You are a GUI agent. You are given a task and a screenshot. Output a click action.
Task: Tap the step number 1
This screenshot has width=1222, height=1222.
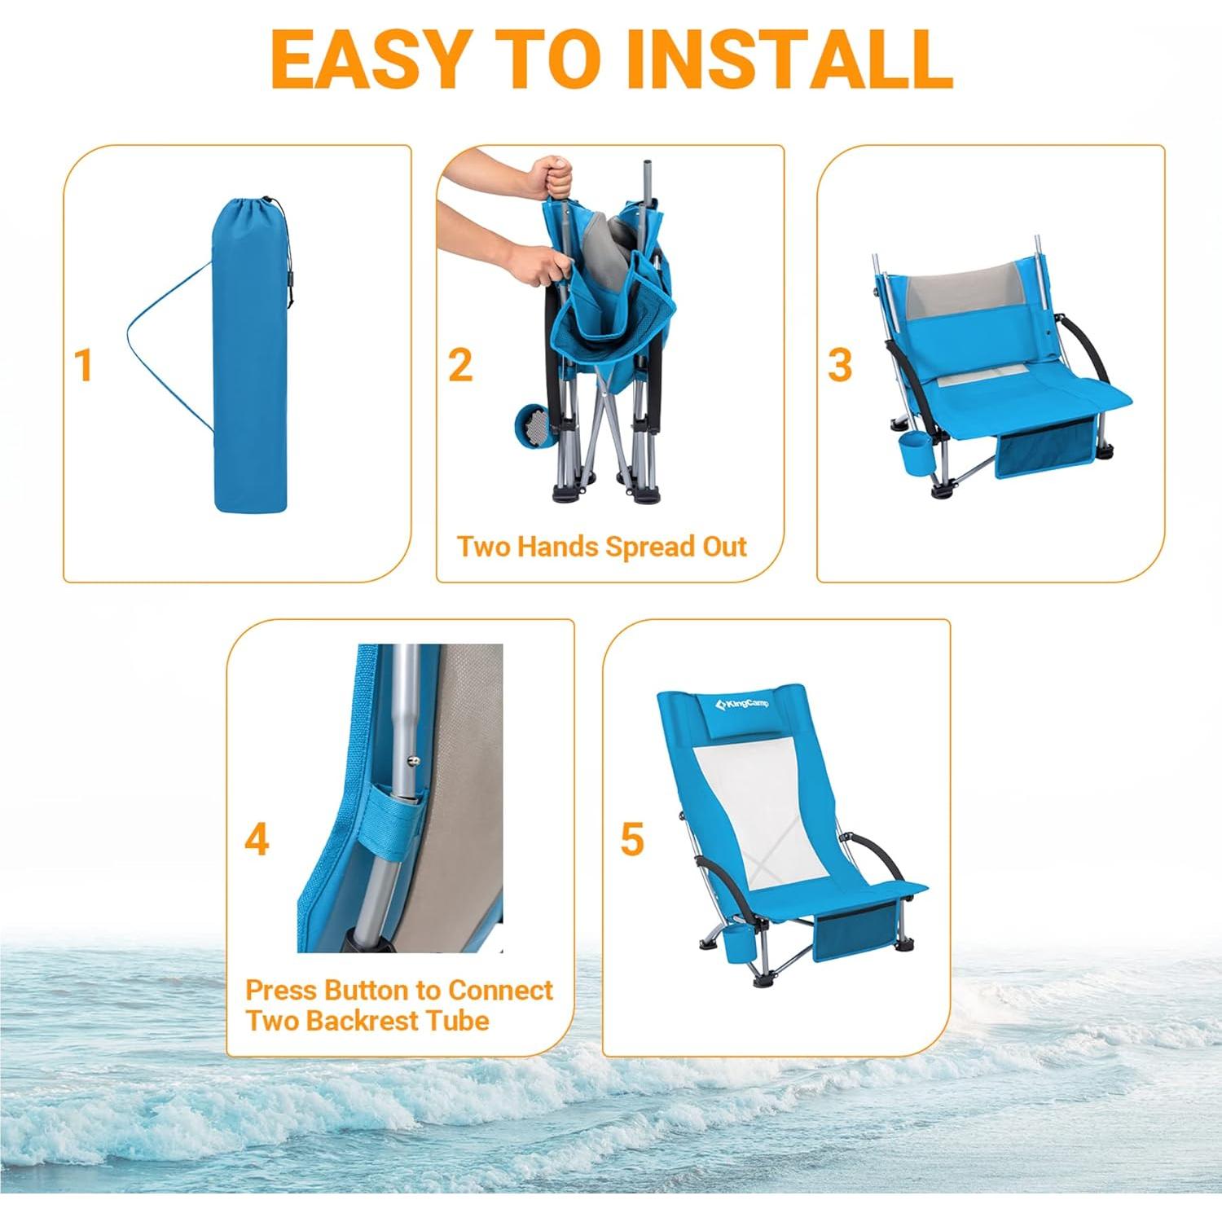(x=82, y=365)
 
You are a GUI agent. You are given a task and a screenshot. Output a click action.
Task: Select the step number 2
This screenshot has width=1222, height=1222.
(x=460, y=365)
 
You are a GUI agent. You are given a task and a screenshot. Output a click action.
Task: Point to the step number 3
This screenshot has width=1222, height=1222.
(x=839, y=365)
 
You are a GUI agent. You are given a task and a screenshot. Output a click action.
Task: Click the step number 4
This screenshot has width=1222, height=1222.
(x=257, y=839)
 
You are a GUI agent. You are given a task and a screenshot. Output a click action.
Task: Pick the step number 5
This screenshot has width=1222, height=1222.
(x=632, y=839)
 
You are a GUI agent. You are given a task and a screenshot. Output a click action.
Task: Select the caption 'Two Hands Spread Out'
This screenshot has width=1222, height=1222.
(x=601, y=547)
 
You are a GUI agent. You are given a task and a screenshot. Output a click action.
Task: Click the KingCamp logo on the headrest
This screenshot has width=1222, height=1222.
(x=741, y=704)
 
